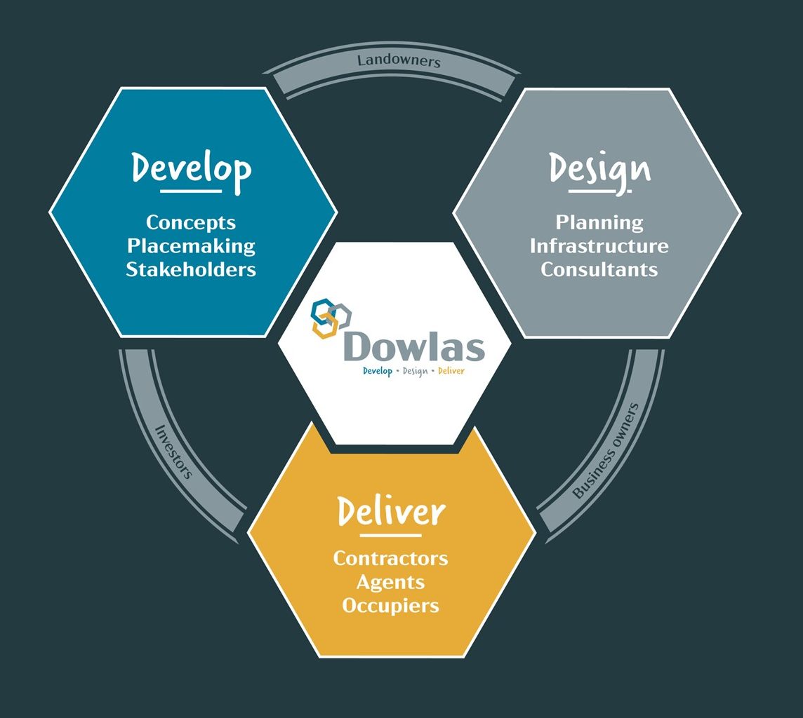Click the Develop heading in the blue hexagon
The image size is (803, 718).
click(192, 169)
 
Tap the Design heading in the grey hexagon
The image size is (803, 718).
click(599, 169)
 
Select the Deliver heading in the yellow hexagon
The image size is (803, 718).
click(391, 513)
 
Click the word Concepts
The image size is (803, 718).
click(191, 223)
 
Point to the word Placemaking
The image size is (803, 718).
click(191, 246)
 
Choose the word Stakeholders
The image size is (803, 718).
click(191, 269)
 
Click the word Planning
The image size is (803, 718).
click(599, 223)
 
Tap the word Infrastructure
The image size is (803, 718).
click(599, 246)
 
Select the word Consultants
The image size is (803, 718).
click(599, 269)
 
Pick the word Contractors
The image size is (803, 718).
click(390, 558)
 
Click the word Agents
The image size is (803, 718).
click(390, 582)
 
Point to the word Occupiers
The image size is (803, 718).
click(390, 605)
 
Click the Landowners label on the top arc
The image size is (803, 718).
click(399, 61)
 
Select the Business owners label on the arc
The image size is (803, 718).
click(606, 451)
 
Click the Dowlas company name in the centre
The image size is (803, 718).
click(415, 346)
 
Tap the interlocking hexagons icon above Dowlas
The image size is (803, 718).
click(331, 319)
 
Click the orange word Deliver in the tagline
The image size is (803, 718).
click(451, 371)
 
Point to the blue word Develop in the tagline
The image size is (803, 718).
click(378, 371)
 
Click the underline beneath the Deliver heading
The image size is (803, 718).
click(390, 536)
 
